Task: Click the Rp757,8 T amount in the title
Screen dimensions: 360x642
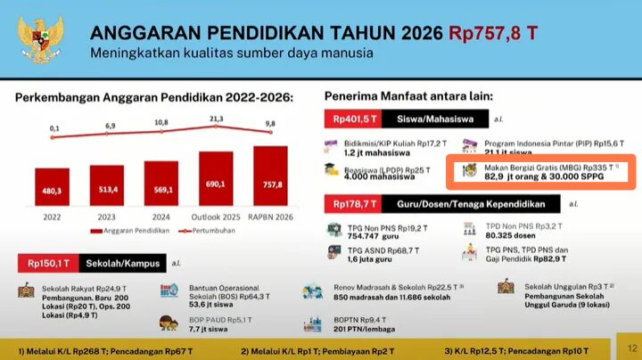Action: (x=493, y=34)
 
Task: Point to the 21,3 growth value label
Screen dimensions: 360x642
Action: (x=217, y=118)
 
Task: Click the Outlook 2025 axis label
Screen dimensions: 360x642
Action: (x=217, y=217)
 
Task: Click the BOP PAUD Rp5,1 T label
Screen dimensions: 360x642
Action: (x=214, y=318)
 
